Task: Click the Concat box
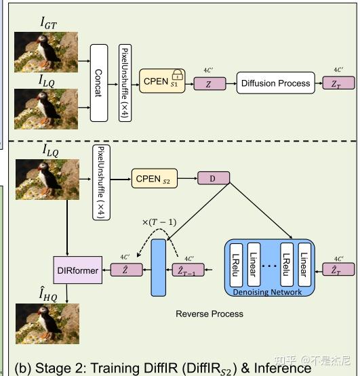99,82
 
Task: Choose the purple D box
214,179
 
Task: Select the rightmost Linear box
303,266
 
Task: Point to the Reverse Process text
209,314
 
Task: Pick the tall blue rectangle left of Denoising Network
158,267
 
